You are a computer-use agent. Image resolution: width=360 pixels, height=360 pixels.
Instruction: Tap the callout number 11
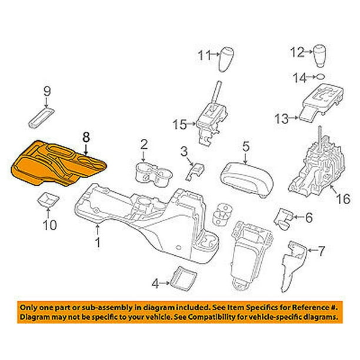coord(203,56)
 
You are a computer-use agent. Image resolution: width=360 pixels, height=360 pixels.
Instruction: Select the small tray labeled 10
coord(46,200)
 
